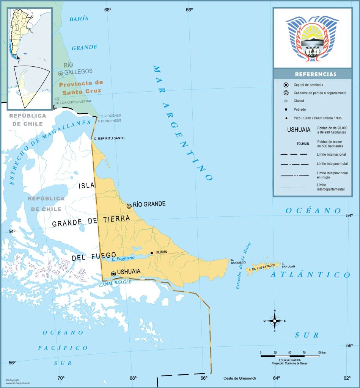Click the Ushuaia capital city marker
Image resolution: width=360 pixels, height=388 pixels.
point(113,274)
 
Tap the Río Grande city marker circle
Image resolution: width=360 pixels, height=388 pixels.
point(129,206)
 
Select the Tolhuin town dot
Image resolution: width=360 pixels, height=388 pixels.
point(152,253)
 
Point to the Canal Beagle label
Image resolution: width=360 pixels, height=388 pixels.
point(115,282)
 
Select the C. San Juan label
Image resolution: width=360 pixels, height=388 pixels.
point(288,265)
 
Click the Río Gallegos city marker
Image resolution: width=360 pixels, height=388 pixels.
point(61,74)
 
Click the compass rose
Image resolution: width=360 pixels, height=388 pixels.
point(274,321)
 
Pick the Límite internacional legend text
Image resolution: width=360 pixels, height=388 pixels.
point(331,155)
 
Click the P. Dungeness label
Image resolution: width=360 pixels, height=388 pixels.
point(109,120)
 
